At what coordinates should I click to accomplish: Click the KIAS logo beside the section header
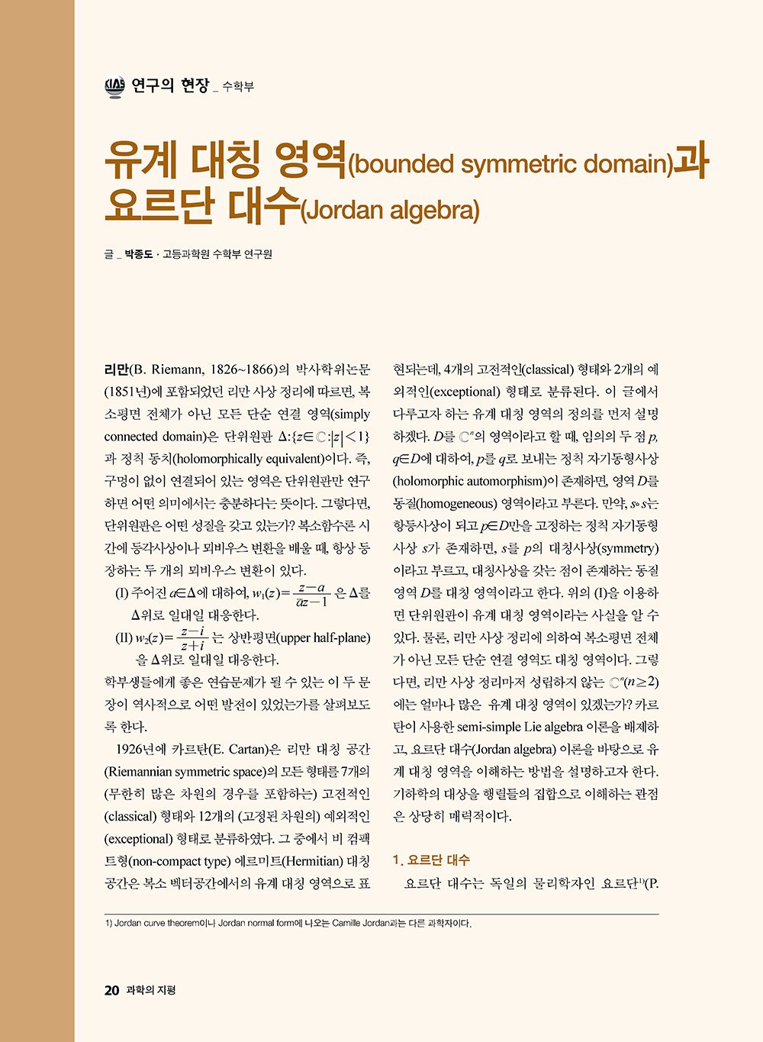point(114,86)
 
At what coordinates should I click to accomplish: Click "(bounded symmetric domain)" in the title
point(510,165)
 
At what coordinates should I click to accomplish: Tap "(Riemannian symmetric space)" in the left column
point(195,771)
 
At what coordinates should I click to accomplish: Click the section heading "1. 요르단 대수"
point(431,860)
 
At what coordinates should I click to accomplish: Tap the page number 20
point(111,991)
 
